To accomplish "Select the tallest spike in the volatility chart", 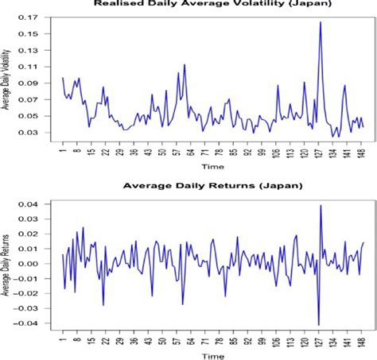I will click(x=320, y=22).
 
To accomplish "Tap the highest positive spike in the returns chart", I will click(x=321, y=206).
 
